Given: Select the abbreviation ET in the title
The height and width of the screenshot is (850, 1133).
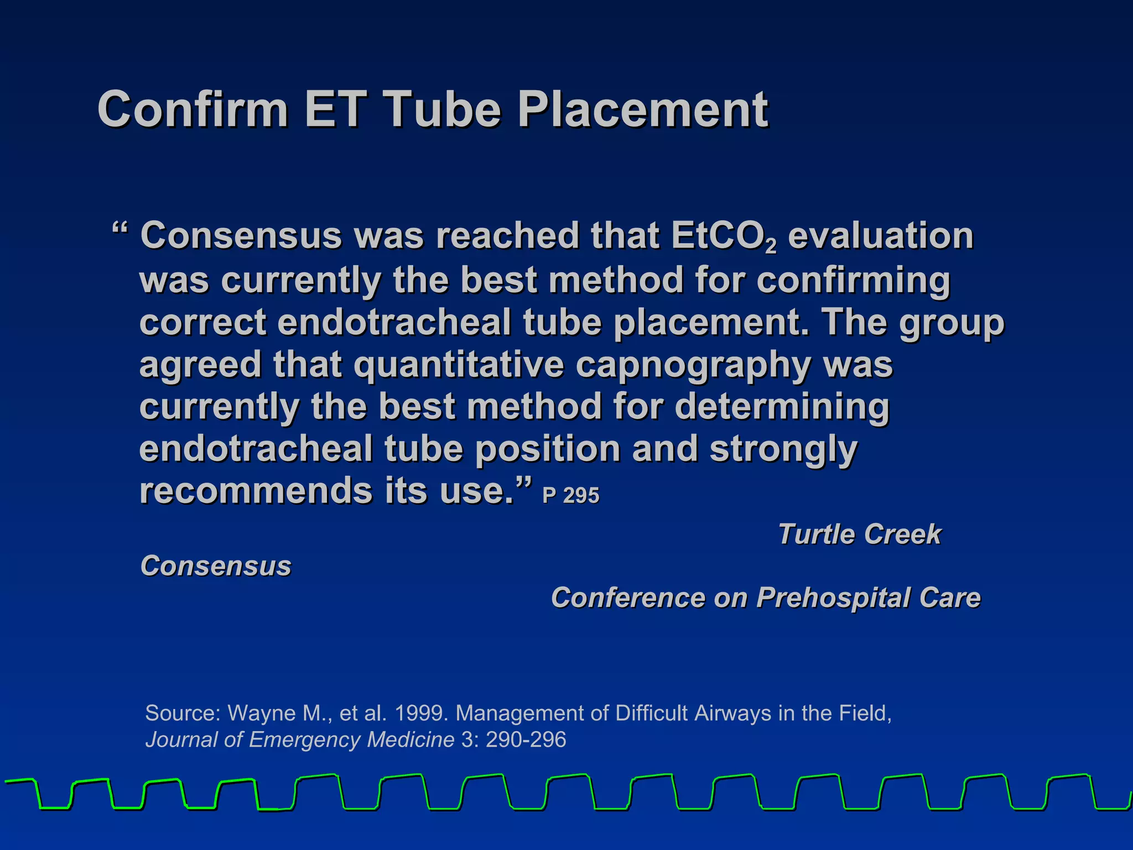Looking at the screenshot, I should [335, 109].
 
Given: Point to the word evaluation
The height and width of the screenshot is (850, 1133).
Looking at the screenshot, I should [880, 236].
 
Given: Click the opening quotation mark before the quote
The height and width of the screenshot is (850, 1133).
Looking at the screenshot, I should [120, 230].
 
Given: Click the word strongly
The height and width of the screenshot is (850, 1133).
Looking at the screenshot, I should [783, 449].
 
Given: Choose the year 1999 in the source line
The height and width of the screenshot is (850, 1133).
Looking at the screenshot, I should [421, 713].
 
